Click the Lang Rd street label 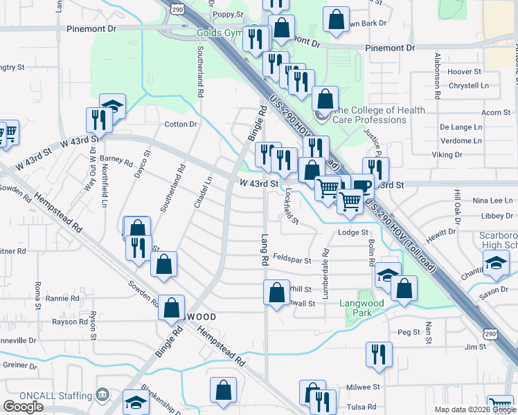tap(265, 250)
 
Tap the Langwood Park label tap(361, 308)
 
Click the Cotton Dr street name tap(181, 124)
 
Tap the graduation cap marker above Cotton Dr tap(112, 107)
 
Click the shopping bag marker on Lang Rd tap(276, 293)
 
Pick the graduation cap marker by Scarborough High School tap(496, 264)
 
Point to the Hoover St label tap(464, 72)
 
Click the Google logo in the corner tap(24, 407)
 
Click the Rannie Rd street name tap(62, 299)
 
